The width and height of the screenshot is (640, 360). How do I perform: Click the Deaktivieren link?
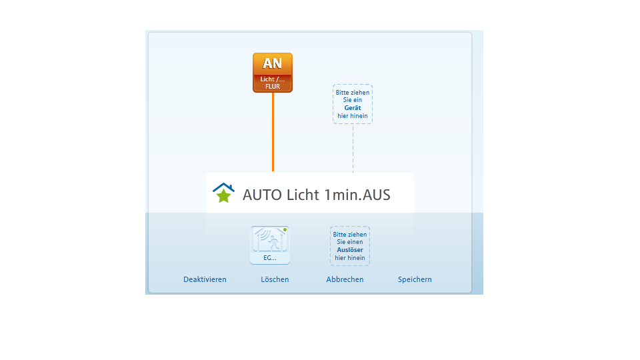(x=205, y=279)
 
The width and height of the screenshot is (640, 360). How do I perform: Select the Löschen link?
(x=275, y=279)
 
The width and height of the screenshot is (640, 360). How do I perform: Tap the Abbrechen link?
(x=345, y=279)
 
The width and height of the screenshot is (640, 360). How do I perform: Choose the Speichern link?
(x=415, y=279)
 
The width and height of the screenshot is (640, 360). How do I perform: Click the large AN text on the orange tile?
(x=272, y=63)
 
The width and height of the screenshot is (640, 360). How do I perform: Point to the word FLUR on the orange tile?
(x=273, y=87)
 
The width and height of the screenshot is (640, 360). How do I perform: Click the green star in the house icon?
(x=224, y=196)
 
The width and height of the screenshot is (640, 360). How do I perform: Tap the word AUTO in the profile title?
(x=262, y=195)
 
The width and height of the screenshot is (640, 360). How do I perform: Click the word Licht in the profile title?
(x=303, y=195)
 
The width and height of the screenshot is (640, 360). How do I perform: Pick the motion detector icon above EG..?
(x=270, y=239)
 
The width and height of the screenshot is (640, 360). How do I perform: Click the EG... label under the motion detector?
(x=270, y=258)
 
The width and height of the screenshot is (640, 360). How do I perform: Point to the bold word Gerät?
(x=353, y=108)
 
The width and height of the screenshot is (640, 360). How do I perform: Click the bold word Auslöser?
(x=350, y=250)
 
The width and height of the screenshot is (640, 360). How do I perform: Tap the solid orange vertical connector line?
(x=273, y=132)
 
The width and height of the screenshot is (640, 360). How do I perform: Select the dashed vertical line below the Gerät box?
(x=353, y=148)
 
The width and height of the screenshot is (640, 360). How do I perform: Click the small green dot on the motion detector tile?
(x=285, y=230)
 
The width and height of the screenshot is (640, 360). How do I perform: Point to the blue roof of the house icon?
(x=224, y=187)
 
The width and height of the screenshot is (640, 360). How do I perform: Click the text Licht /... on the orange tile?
(x=273, y=79)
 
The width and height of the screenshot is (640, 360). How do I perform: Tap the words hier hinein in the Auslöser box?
(x=350, y=257)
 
